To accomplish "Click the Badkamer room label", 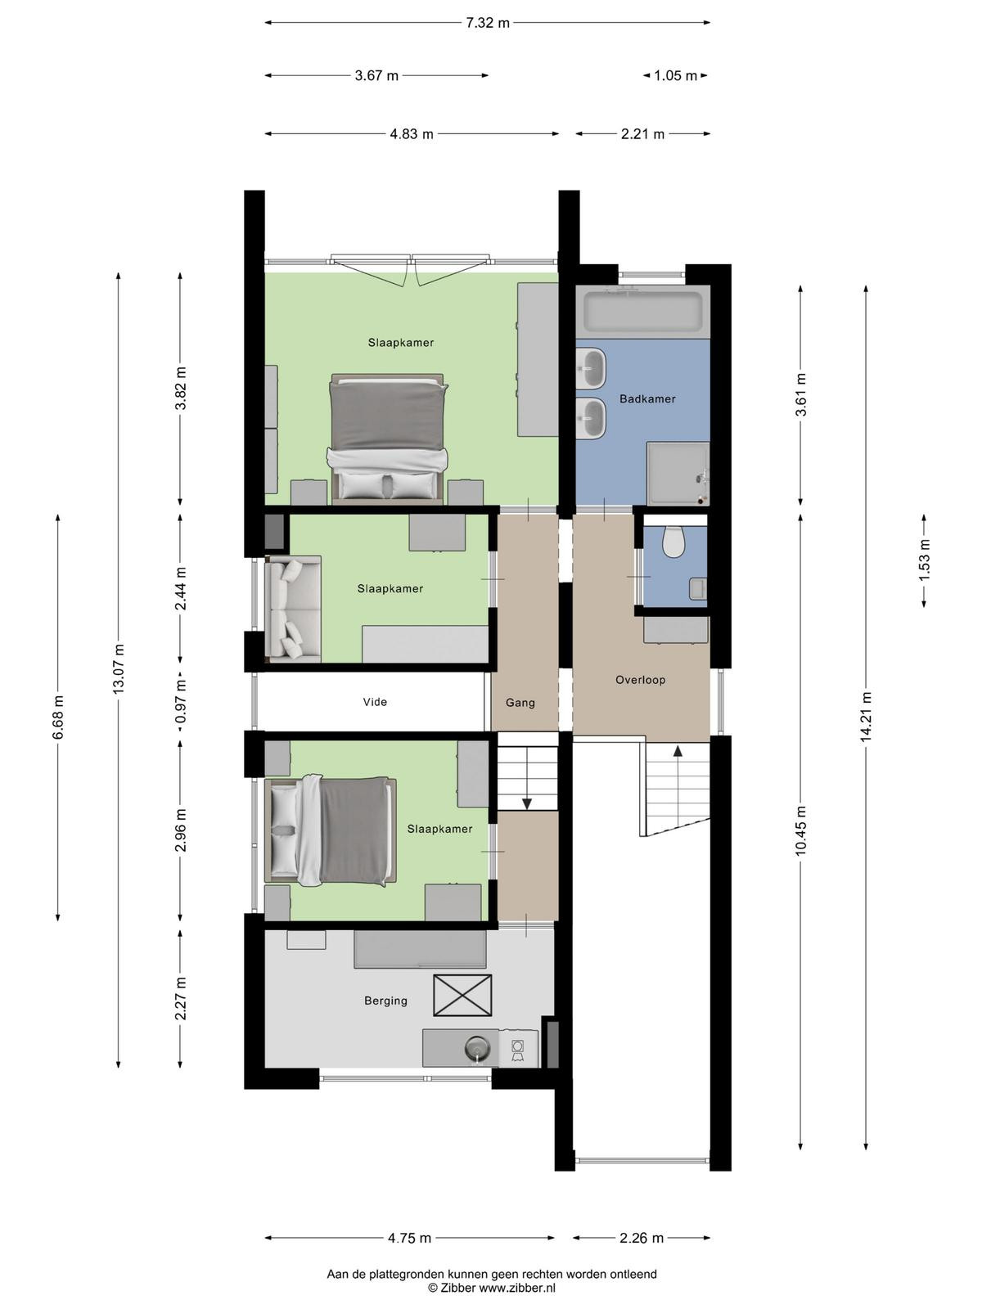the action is pos(647,399).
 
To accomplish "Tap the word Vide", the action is pos(375,702).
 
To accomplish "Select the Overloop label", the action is pos(641,680).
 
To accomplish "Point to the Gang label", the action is pos(520,703).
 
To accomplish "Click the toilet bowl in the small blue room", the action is pos(673,542).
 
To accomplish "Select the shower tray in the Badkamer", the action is pos(678,474).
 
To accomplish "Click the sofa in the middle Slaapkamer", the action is pos(293,609).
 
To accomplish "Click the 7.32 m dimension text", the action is pos(487,23).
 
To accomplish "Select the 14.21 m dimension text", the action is pos(867,716).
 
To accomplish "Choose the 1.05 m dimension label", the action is pos(675,76).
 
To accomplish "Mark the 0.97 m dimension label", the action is pos(181,702).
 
